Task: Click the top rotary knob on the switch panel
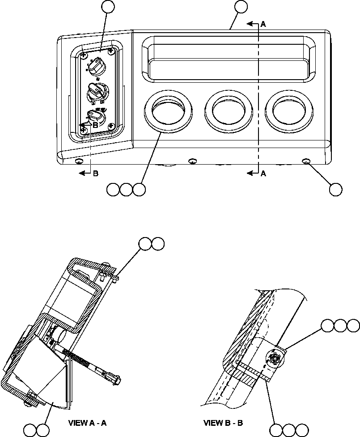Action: [x=96, y=67]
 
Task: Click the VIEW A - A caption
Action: [x=87, y=422]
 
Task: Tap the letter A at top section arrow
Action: [x=263, y=25]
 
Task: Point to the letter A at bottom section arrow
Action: [x=263, y=174]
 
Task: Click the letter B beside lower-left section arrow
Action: [x=95, y=174]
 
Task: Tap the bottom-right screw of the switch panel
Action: [x=109, y=126]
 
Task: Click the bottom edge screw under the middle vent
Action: [x=193, y=161]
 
